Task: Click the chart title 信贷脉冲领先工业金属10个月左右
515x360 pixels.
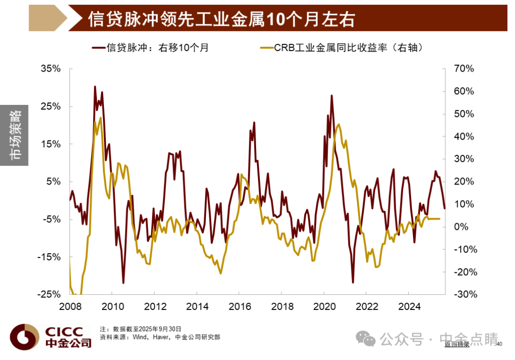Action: (x=221, y=19)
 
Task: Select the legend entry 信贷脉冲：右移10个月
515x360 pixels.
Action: (x=150, y=48)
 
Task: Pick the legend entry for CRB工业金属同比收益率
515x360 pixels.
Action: (x=341, y=48)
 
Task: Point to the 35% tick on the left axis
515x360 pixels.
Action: (x=51, y=69)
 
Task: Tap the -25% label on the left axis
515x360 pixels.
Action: (x=49, y=294)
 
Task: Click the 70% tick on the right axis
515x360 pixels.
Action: (x=464, y=69)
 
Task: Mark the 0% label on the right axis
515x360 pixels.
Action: (x=461, y=226)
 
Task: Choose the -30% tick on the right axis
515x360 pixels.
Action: (x=465, y=294)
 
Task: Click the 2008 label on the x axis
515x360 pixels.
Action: (x=70, y=307)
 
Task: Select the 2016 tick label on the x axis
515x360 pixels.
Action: (x=240, y=307)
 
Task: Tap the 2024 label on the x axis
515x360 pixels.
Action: (x=409, y=307)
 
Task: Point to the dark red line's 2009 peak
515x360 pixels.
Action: (x=95, y=87)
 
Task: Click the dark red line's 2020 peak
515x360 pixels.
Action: (x=332, y=95)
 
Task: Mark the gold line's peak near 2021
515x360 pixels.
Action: (x=338, y=124)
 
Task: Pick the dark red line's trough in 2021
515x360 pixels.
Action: (x=353, y=282)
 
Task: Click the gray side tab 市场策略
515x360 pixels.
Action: (x=14, y=135)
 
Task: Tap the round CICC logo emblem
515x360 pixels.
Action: (x=25, y=337)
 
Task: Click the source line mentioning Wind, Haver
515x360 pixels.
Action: (x=160, y=337)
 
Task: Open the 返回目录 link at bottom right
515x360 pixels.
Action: (x=457, y=344)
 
